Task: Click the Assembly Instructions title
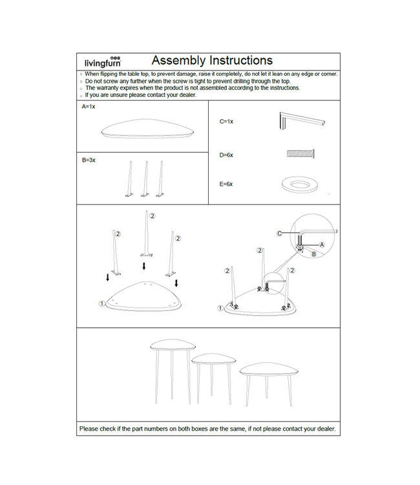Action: [212, 61]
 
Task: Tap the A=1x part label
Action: [89, 106]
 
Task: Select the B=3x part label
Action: [89, 159]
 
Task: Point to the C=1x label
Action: [226, 121]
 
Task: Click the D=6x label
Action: [226, 155]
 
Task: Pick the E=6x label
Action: [226, 184]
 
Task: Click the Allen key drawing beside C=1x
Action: [300, 121]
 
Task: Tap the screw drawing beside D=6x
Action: [300, 154]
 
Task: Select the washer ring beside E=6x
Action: [300, 184]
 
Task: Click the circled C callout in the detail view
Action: [279, 233]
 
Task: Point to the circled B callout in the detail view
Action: [313, 254]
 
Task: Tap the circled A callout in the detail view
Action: [322, 244]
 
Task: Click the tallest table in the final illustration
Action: [173, 362]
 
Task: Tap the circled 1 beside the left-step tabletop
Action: [101, 303]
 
